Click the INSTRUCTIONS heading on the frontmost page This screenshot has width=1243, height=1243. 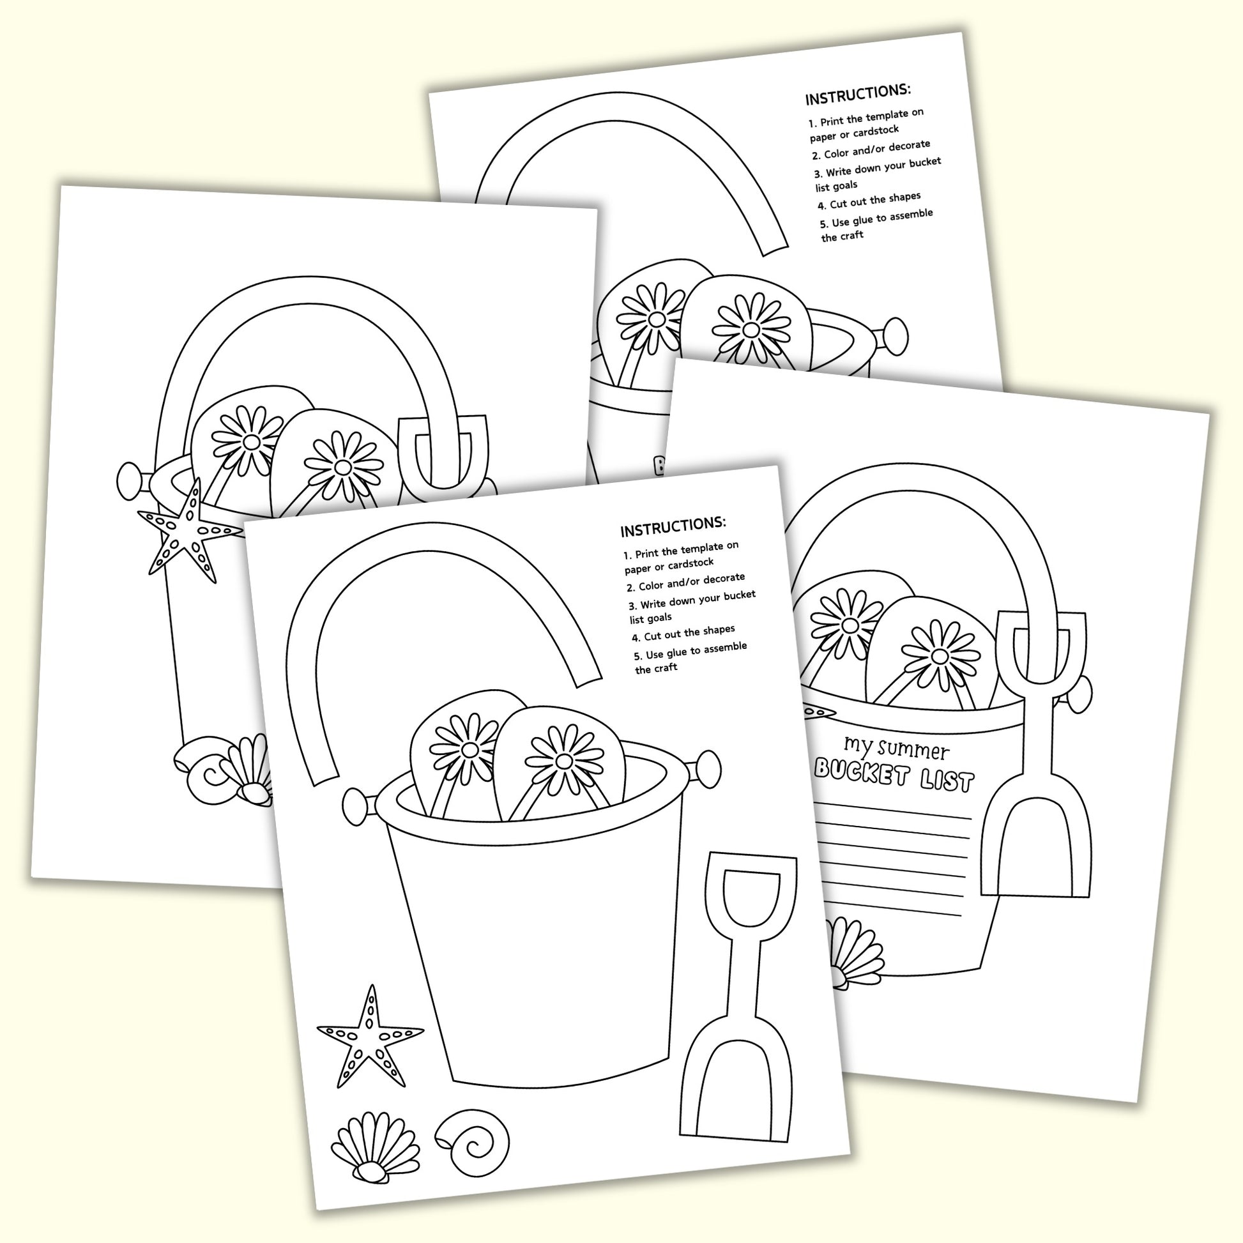pos(673,526)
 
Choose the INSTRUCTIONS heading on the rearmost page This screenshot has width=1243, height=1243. pos(858,95)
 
